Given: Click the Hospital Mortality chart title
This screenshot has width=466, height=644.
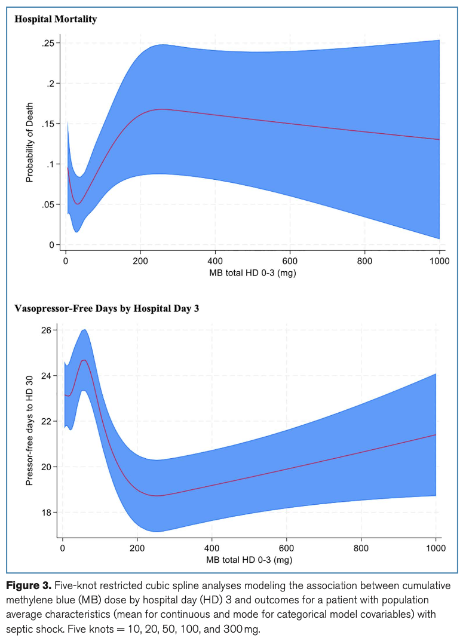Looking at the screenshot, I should click(x=56, y=19).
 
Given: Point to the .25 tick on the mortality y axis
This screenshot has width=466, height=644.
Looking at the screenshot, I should click(x=48, y=43).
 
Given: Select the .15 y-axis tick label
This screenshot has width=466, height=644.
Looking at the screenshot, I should click(x=48, y=124).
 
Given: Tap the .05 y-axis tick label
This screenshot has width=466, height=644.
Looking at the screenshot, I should click(x=48, y=204).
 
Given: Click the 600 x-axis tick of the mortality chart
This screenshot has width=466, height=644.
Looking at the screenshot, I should click(x=290, y=261).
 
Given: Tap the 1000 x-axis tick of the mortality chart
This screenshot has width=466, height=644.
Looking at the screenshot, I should click(x=439, y=261).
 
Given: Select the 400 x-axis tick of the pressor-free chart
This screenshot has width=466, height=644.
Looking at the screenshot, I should click(x=211, y=548).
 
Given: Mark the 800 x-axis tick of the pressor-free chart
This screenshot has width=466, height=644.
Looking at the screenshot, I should click(x=361, y=548).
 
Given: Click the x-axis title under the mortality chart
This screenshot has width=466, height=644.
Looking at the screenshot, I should click(x=253, y=273).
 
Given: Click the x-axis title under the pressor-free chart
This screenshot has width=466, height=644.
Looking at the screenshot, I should click(x=250, y=560).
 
